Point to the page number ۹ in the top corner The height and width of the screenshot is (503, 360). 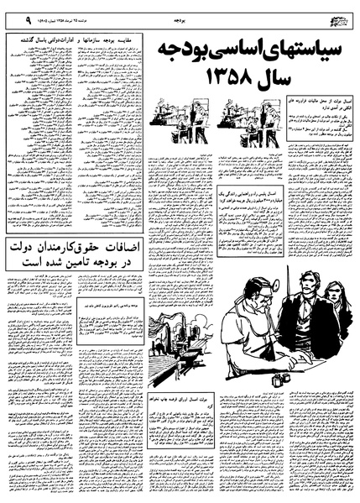(x=8, y=17)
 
